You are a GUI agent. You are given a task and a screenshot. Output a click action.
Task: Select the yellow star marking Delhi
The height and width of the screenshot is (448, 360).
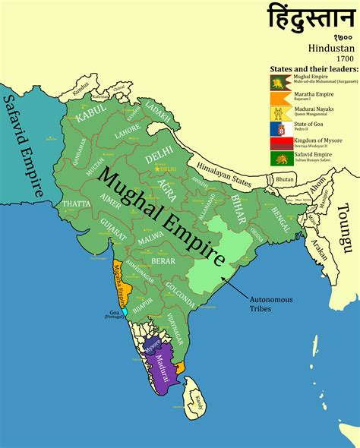(x=158, y=168)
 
